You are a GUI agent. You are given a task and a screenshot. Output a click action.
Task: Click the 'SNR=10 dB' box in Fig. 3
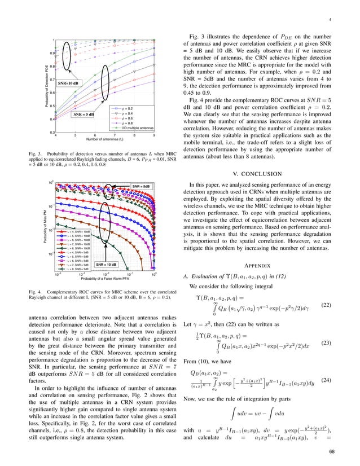coord(68,83)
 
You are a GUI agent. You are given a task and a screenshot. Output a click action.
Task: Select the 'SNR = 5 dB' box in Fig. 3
coord(86,115)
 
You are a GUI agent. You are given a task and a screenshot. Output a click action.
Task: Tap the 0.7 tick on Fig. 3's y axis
coord(51,80)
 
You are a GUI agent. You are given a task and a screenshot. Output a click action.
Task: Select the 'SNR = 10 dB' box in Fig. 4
coord(106,264)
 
